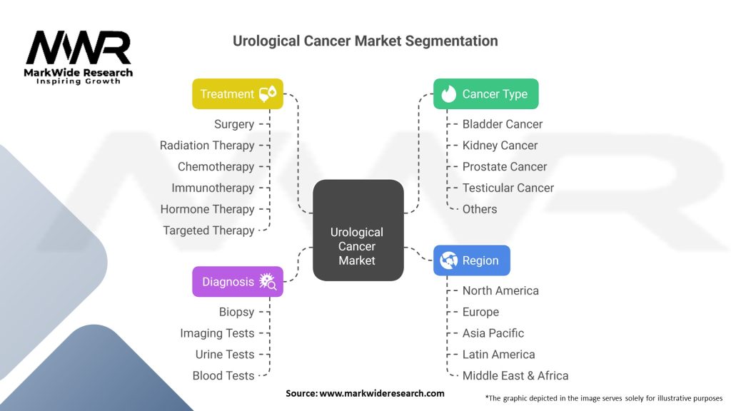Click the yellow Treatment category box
(238, 93)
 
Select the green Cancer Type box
(485, 93)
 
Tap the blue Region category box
(472, 260)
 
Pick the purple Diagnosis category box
(238, 282)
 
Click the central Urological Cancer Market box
(358, 230)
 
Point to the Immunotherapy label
(213, 188)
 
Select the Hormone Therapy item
(207, 209)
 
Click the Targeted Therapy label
(208, 230)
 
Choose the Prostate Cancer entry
(505, 166)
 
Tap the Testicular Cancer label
(508, 188)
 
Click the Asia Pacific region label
(493, 333)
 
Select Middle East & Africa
(515, 375)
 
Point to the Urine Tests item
(225, 354)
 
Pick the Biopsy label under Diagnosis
(236, 312)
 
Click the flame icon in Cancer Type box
(449, 94)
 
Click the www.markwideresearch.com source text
(365, 393)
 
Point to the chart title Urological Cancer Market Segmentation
(365, 41)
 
